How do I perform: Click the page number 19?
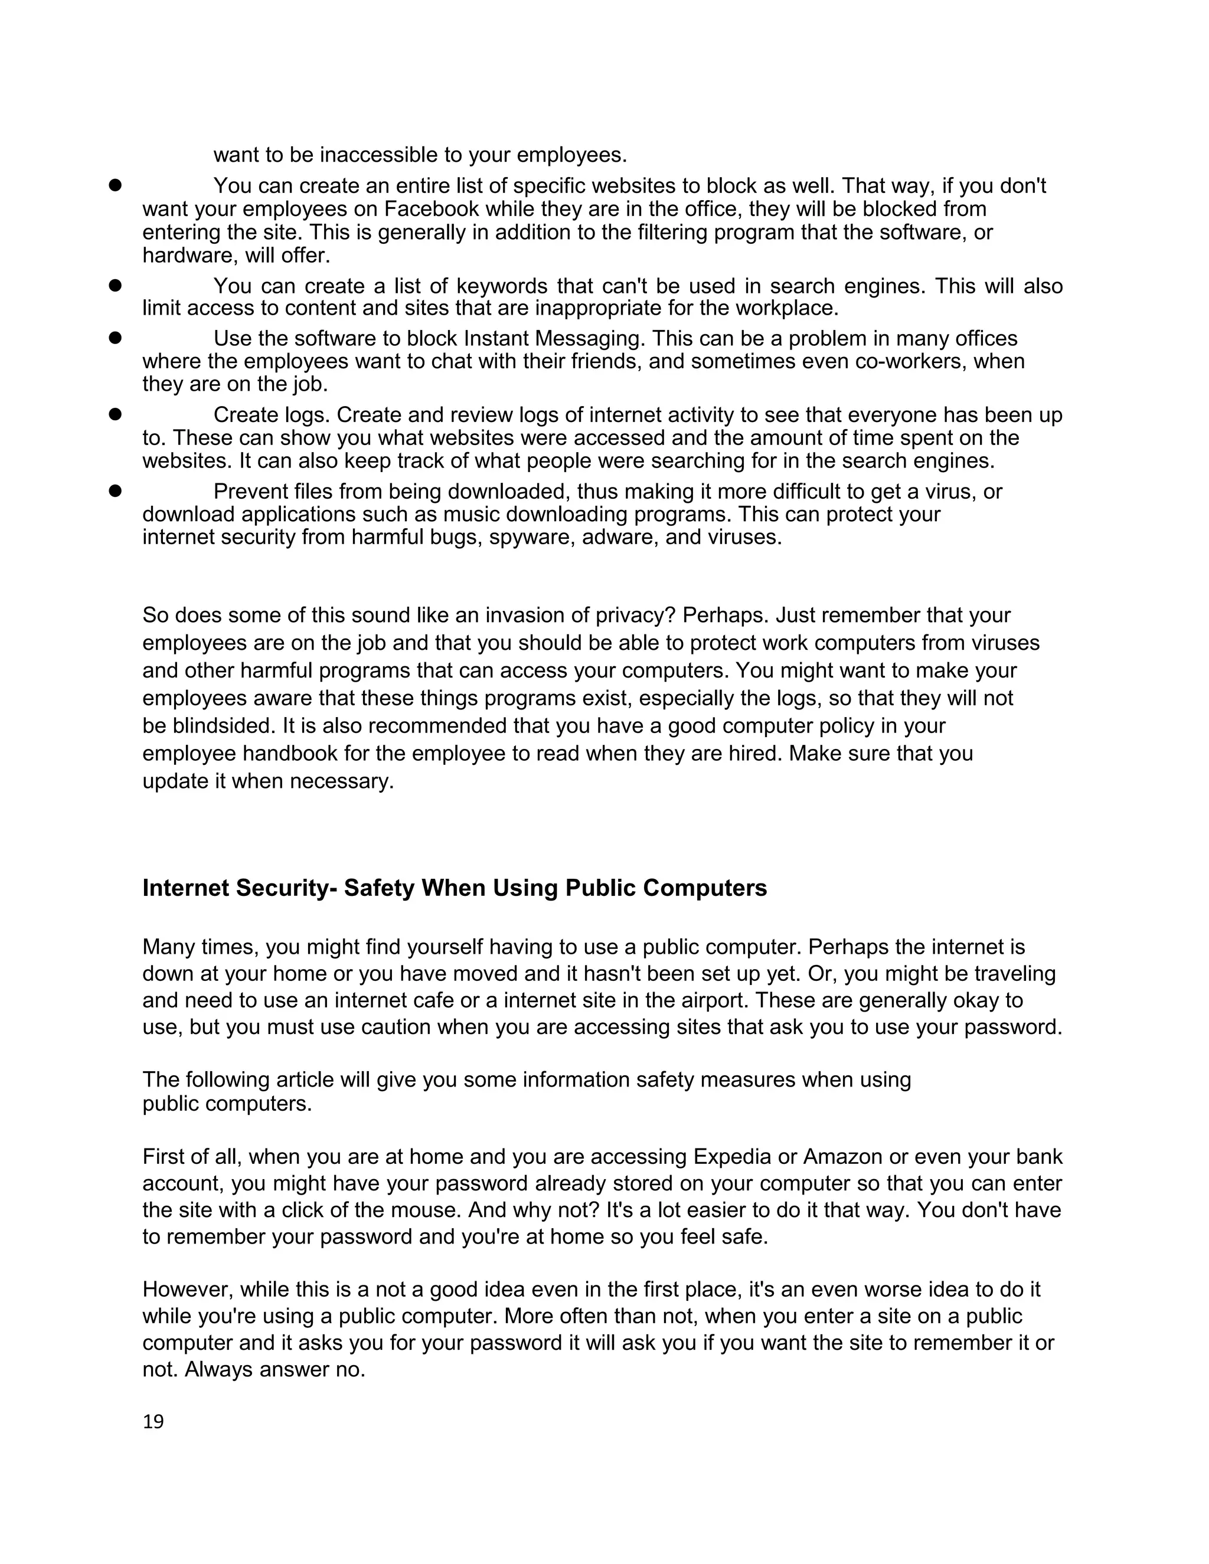[153, 1422]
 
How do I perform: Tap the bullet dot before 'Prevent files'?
[115, 490]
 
